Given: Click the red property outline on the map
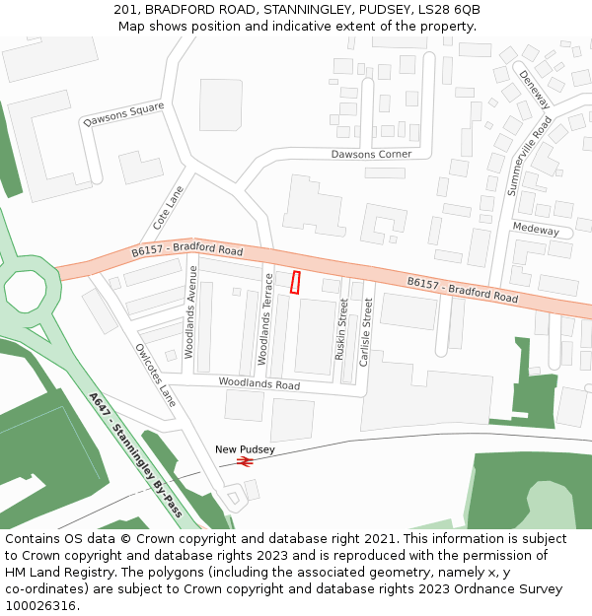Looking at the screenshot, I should pyautogui.click(x=295, y=282).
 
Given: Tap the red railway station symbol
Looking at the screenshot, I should pyautogui.click(x=246, y=460).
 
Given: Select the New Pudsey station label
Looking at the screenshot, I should pyautogui.click(x=245, y=449).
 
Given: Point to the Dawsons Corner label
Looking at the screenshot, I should pyautogui.click(x=371, y=155).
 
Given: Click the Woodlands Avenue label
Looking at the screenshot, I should pyautogui.click(x=192, y=311).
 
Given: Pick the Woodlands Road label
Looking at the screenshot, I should pyautogui.click(x=259, y=383).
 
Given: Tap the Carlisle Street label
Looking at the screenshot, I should pyautogui.click(x=366, y=332).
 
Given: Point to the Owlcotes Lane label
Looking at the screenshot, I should pyautogui.click(x=155, y=375).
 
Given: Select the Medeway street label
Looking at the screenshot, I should pyautogui.click(x=536, y=230).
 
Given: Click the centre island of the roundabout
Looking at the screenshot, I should pyautogui.click(x=25, y=290).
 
